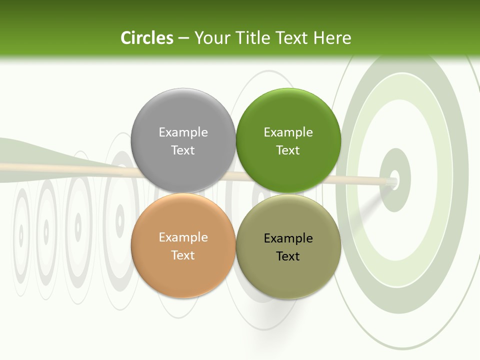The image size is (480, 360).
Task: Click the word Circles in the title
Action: point(146,38)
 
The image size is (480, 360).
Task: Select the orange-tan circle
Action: point(183,270)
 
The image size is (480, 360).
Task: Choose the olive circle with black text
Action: point(288,272)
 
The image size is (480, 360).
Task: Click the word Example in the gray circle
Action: point(183,132)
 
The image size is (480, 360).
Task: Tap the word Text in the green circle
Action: point(288,150)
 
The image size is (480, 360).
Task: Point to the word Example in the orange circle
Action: point(183,237)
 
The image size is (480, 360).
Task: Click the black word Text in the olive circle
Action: point(288,256)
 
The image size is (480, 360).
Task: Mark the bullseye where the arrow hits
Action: point(394,180)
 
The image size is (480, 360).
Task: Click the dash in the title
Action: point(183,38)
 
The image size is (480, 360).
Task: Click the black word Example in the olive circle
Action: point(288,238)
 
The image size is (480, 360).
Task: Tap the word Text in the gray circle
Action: point(183,150)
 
